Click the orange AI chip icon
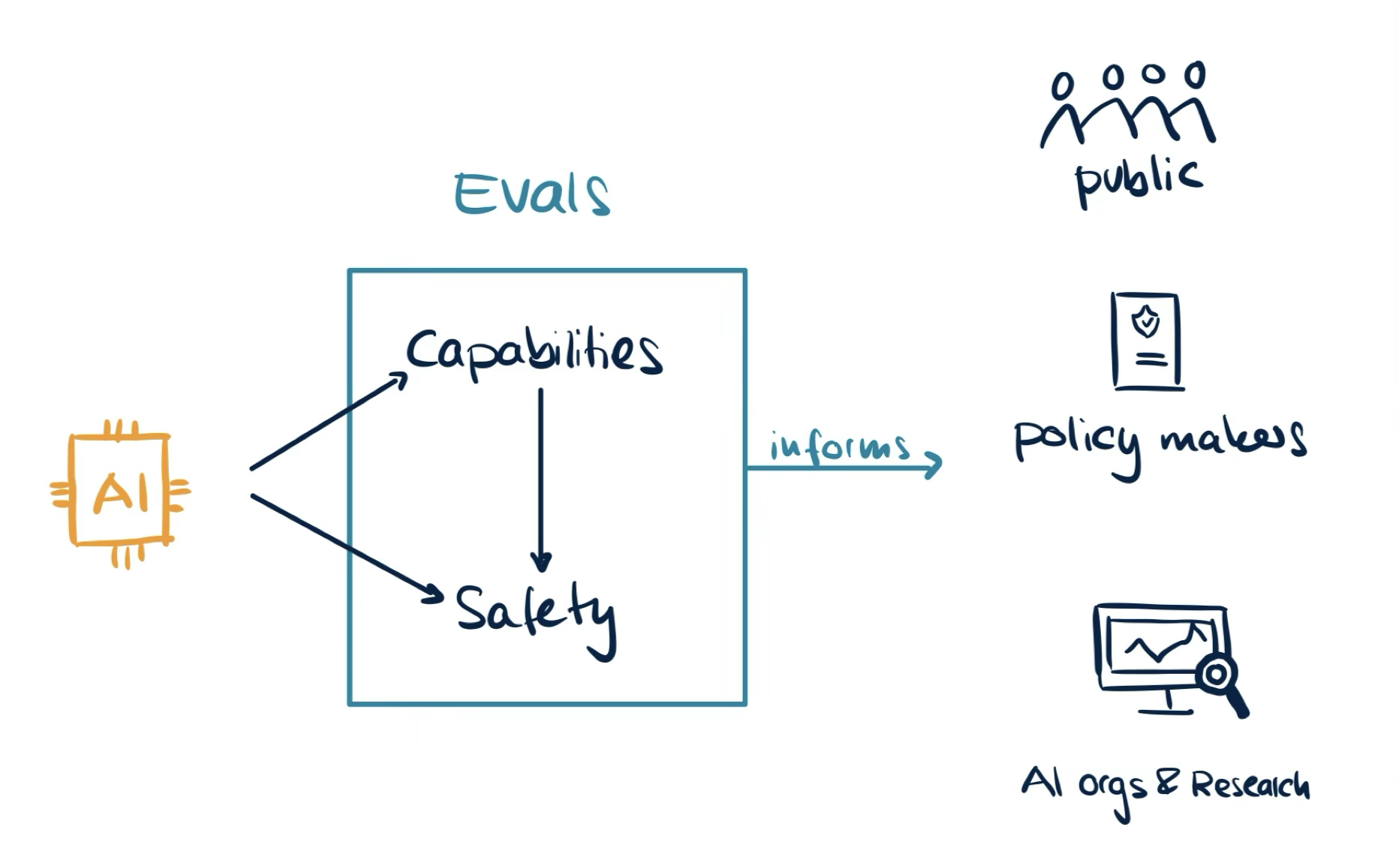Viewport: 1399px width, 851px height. point(120,492)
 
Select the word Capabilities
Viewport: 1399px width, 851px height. point(534,351)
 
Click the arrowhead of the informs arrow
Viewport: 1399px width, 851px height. point(934,465)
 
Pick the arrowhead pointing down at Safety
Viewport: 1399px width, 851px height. point(540,561)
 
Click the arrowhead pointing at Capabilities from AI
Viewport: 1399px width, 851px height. point(399,378)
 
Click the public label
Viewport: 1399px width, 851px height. point(1138,179)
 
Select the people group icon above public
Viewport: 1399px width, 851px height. point(1127,105)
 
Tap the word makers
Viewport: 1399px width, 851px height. point(1232,439)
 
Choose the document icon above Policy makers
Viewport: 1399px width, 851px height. point(1146,341)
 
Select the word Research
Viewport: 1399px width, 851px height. point(1249,785)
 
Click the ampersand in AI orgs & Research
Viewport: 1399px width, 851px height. point(1166,783)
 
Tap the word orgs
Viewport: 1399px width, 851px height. point(1112,788)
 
